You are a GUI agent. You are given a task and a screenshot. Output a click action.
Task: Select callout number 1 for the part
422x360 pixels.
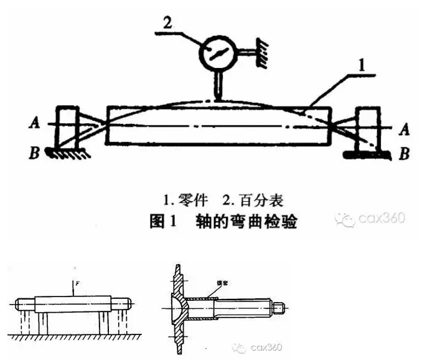pyautogui.click(x=362, y=63)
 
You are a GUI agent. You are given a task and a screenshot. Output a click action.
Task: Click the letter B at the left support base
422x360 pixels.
pyautogui.click(x=37, y=149)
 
